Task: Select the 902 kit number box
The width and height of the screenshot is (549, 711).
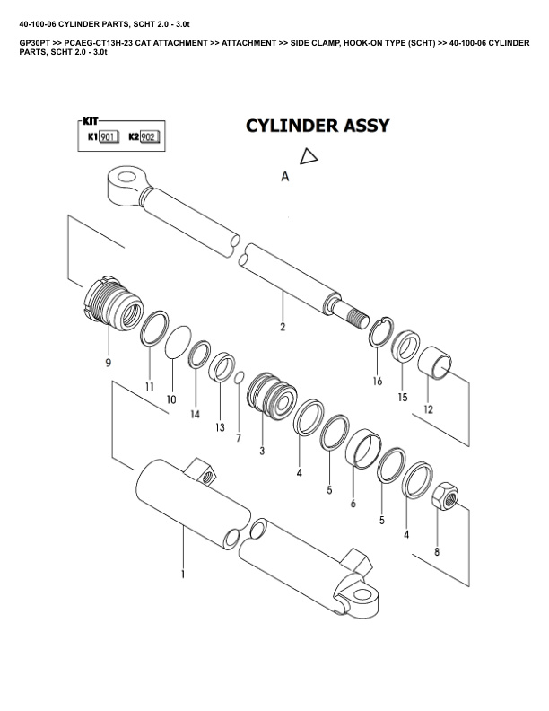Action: [x=149, y=137]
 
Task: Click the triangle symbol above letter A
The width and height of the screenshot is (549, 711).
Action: [x=309, y=157]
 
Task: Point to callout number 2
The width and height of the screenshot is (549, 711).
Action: [x=283, y=327]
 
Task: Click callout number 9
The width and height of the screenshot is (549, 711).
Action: [x=108, y=364]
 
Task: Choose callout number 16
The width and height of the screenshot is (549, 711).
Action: [x=378, y=381]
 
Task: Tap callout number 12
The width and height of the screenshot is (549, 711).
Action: [x=429, y=408]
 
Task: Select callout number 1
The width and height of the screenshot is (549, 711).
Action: [x=183, y=573]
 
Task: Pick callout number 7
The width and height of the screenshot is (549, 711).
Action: [x=239, y=438]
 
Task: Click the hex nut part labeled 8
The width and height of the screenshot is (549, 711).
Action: [x=447, y=496]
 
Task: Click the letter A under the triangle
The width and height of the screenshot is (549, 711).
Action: [x=285, y=178]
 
